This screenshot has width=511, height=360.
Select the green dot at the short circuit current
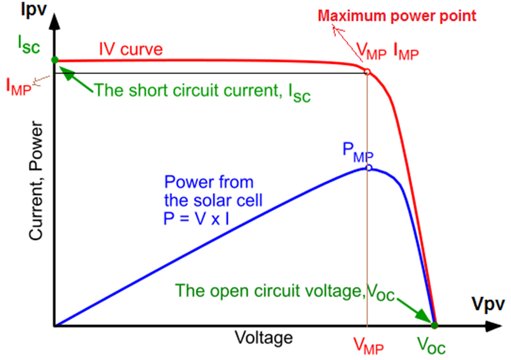(54, 60)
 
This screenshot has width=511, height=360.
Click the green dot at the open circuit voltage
(435, 324)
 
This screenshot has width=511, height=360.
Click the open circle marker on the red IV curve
(367, 72)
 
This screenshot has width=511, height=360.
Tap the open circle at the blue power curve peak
(368, 168)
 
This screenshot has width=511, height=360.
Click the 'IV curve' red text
(132, 49)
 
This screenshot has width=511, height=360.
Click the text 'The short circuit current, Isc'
(203, 92)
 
